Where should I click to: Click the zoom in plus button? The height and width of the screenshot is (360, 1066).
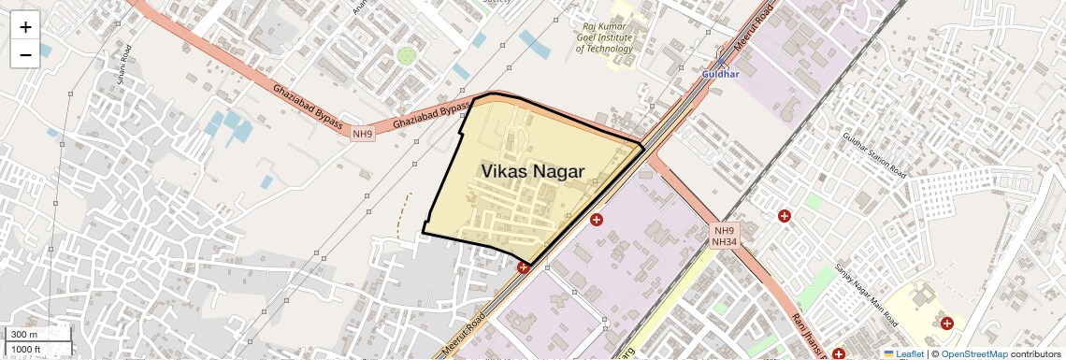(25, 27)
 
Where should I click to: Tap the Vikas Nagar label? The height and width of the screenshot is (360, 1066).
(532, 172)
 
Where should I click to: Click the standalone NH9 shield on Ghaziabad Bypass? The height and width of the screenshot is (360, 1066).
(362, 135)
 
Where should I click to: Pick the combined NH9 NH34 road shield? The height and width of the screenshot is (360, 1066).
(726, 236)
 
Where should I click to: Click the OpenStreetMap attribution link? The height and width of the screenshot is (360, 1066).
(973, 353)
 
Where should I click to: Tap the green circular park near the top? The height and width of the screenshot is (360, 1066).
(406, 56)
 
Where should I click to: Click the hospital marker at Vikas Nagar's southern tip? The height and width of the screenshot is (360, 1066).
(523, 267)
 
